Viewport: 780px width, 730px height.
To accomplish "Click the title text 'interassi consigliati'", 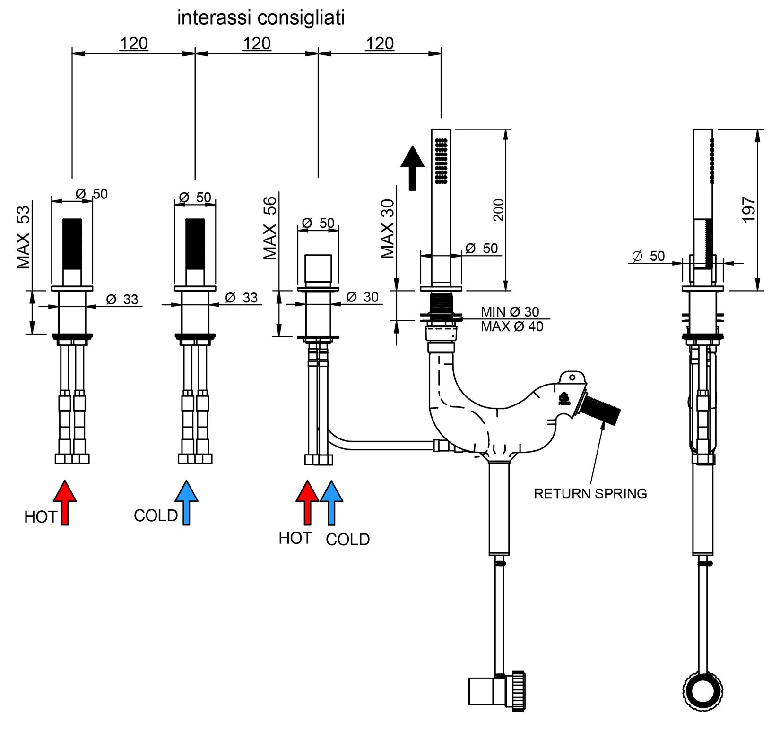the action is (261, 18).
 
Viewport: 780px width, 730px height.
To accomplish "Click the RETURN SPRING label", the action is (590, 494).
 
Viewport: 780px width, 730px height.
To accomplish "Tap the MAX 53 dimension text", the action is (23, 237).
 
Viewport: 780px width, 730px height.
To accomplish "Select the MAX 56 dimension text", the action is (270, 228).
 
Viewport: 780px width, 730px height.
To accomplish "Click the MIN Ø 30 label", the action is (510, 312).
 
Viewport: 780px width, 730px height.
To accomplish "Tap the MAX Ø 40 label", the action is (512, 326).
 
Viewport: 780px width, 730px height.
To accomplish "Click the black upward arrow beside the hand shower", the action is (413, 168).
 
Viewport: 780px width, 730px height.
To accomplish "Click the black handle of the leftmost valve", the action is (72, 244).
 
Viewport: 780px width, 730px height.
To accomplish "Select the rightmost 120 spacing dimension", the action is (380, 43).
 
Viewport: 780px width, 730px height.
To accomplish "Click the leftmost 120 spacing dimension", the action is (134, 43).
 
